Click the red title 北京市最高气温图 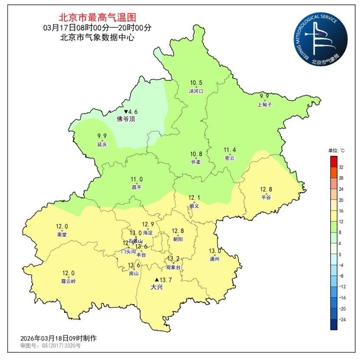click(x=97, y=18)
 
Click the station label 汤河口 click(x=196, y=91)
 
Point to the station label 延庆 click(x=102, y=145)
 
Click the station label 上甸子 click(x=264, y=104)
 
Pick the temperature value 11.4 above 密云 click(x=230, y=150)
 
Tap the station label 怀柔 click(x=196, y=162)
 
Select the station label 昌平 click(x=137, y=187)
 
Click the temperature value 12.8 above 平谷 click(x=266, y=189)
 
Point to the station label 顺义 click(x=194, y=206)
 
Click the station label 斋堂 click(x=62, y=234)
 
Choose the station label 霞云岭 click(x=68, y=281)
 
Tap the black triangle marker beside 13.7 click(x=157, y=280)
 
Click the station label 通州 click(x=215, y=259)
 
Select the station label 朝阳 click(x=177, y=239)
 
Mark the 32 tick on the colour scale click(x=341, y=167)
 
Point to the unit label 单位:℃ click(x=336, y=151)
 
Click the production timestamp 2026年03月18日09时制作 click(x=58, y=338)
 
